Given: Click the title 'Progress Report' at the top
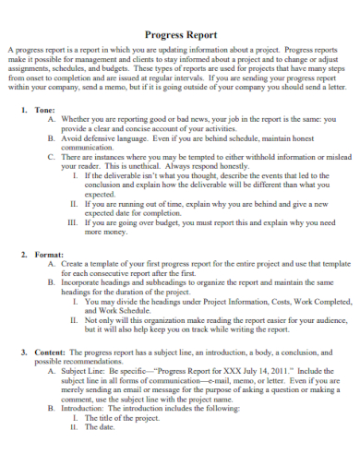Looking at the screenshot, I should (180, 34).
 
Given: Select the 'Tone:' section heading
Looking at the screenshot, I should (44, 108).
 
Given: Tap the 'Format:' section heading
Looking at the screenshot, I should (48, 253).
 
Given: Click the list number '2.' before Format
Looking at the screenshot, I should (23, 253).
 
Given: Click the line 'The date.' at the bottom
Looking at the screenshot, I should (102, 427).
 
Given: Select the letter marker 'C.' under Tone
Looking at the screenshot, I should (52, 157).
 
